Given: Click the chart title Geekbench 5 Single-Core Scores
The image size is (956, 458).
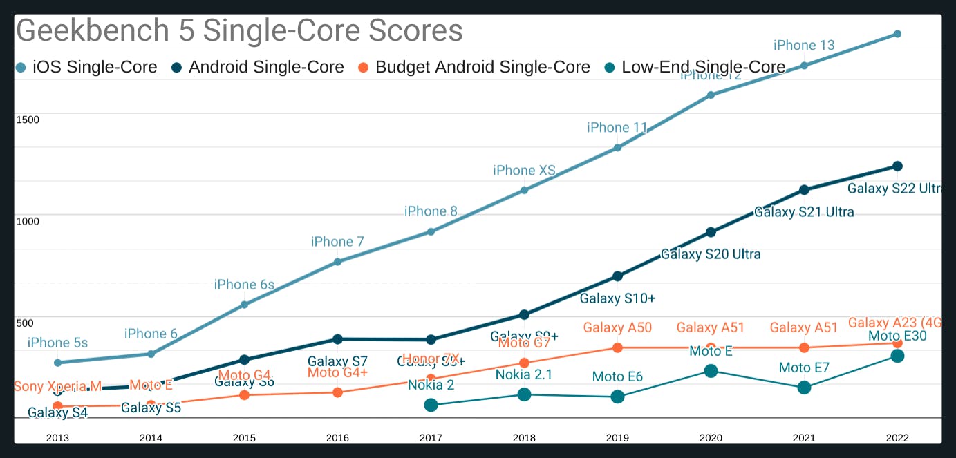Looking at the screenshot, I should pyautogui.click(x=239, y=31).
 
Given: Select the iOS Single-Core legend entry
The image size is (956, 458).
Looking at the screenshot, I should pyautogui.click(x=87, y=67).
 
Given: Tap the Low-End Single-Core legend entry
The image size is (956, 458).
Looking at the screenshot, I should pyautogui.click(x=695, y=67).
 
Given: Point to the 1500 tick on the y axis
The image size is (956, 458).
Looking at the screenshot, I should pyautogui.click(x=28, y=120).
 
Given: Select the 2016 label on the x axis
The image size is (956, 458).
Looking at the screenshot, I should pyautogui.click(x=337, y=437).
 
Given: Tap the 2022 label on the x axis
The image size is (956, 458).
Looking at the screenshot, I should pyautogui.click(x=897, y=437).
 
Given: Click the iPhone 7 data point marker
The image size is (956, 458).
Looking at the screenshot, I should pyautogui.click(x=337, y=262).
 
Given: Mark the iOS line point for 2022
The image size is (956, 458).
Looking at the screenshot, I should pyautogui.click(x=897, y=34).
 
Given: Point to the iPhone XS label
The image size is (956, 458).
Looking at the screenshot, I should pyautogui.click(x=524, y=171).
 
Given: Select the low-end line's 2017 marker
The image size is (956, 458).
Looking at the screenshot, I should pyautogui.click(x=431, y=405).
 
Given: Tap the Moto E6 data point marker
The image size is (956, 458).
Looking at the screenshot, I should pyautogui.click(x=617, y=397).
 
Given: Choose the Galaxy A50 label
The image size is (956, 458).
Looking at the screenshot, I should pyautogui.click(x=617, y=328).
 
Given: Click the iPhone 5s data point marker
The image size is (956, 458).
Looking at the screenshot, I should pyautogui.click(x=58, y=363).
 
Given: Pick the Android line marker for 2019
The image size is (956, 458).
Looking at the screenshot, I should pyautogui.click(x=617, y=276).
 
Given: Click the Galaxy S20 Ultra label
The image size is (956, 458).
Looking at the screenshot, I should pyautogui.click(x=711, y=254).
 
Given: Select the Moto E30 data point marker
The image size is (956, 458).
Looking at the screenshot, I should pyautogui.click(x=897, y=356).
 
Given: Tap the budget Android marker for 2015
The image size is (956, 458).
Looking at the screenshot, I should pyautogui.click(x=244, y=395).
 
